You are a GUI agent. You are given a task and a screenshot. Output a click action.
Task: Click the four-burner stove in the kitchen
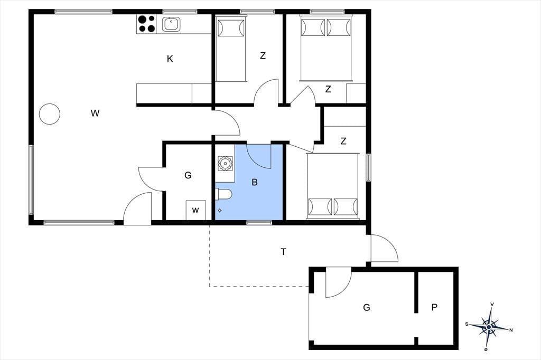point(146,24)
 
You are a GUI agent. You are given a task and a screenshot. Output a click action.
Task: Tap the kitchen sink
point(171,24)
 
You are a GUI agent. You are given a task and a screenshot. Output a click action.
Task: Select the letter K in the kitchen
point(170,59)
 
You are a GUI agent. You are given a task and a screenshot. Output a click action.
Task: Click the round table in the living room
point(50,114)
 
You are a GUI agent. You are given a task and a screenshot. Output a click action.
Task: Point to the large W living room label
point(95,113)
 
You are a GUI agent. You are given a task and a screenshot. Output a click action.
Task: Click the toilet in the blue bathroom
point(223,194)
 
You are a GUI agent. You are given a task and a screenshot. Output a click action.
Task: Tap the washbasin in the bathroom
point(225,163)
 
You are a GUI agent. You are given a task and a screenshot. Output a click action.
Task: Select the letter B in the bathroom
point(255,182)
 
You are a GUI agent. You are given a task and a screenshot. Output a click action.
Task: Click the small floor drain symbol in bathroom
point(220,210)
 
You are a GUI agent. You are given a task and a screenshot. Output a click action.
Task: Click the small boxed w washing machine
point(195,210)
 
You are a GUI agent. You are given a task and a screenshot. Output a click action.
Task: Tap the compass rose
point(489,327)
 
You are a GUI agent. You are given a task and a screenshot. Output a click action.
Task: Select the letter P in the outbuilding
point(434,307)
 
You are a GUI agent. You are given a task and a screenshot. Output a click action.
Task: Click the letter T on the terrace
point(284,252)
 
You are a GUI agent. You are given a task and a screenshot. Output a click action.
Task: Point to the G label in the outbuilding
point(367,307)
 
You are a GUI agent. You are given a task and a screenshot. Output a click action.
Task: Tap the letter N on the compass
point(511,330)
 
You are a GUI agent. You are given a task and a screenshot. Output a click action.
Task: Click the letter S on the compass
point(467,324)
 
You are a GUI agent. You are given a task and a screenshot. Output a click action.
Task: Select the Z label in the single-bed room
point(263,55)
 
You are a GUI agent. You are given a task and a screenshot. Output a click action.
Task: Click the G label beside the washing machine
point(188,176)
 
